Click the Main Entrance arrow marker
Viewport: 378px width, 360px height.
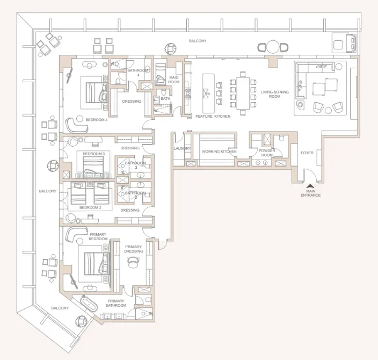coord(310,186)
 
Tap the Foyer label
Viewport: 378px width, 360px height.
coord(307,153)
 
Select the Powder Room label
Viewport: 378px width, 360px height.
coord(267,153)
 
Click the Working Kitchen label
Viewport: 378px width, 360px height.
coord(219,152)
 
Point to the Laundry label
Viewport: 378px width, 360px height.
coord(182,148)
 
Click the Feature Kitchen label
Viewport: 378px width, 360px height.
coord(213,116)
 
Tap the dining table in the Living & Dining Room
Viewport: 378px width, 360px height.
coord(243,93)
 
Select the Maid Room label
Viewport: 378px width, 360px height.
coord(174,80)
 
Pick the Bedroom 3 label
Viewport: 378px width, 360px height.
coord(94,154)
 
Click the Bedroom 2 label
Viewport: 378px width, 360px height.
coord(90,207)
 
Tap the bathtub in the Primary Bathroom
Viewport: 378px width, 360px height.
coord(89,303)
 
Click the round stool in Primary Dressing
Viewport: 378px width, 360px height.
coord(132,262)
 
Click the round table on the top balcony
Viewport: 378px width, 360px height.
coord(273,47)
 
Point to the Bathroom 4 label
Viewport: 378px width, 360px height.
coord(138,73)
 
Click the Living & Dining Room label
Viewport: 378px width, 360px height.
coord(274,94)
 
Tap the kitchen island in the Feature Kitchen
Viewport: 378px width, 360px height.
coord(208,93)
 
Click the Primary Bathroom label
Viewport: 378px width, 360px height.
coord(116,303)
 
